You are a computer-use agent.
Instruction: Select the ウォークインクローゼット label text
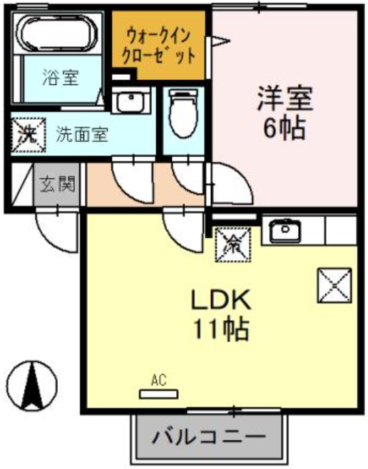[160, 45]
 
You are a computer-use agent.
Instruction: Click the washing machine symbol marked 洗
[27, 133]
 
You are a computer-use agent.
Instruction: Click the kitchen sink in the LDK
[285, 230]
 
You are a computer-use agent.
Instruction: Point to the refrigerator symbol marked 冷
[233, 244]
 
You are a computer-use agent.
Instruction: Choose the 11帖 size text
[220, 329]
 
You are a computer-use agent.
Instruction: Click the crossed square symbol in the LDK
[334, 285]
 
